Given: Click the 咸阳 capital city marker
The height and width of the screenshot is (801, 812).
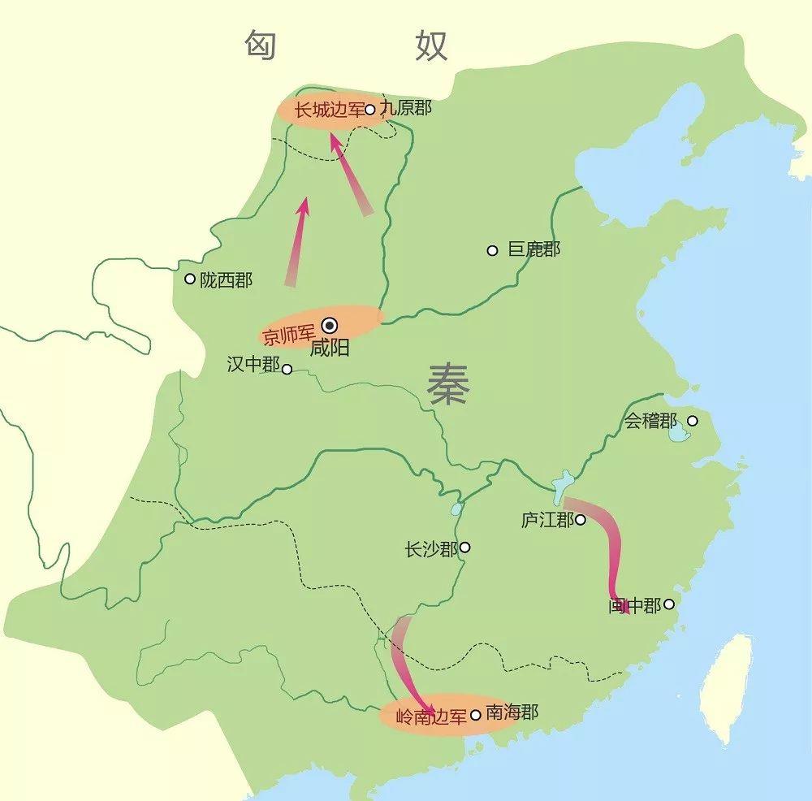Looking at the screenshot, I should tap(330, 323).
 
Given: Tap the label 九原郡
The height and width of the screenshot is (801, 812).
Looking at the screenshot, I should tap(405, 108).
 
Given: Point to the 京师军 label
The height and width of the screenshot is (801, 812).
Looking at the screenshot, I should tap(289, 335).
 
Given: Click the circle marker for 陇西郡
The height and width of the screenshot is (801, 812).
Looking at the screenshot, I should tap(190, 279).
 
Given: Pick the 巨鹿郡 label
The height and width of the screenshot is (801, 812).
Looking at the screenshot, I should tap(533, 249).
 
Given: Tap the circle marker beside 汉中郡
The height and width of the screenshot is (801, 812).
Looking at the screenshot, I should tap(287, 368).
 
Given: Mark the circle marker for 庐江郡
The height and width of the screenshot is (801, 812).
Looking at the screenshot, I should tap(581, 519).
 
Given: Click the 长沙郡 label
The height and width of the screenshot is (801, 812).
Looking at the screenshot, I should tap(431, 549).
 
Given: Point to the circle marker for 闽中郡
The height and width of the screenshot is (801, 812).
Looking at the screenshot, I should tap(668, 604).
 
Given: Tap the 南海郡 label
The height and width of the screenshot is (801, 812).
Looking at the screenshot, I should tap(512, 713).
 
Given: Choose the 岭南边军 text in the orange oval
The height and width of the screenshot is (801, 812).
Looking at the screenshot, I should tap(431, 717).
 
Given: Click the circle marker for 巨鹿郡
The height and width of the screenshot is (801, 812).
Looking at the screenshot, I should tap(492, 250).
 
